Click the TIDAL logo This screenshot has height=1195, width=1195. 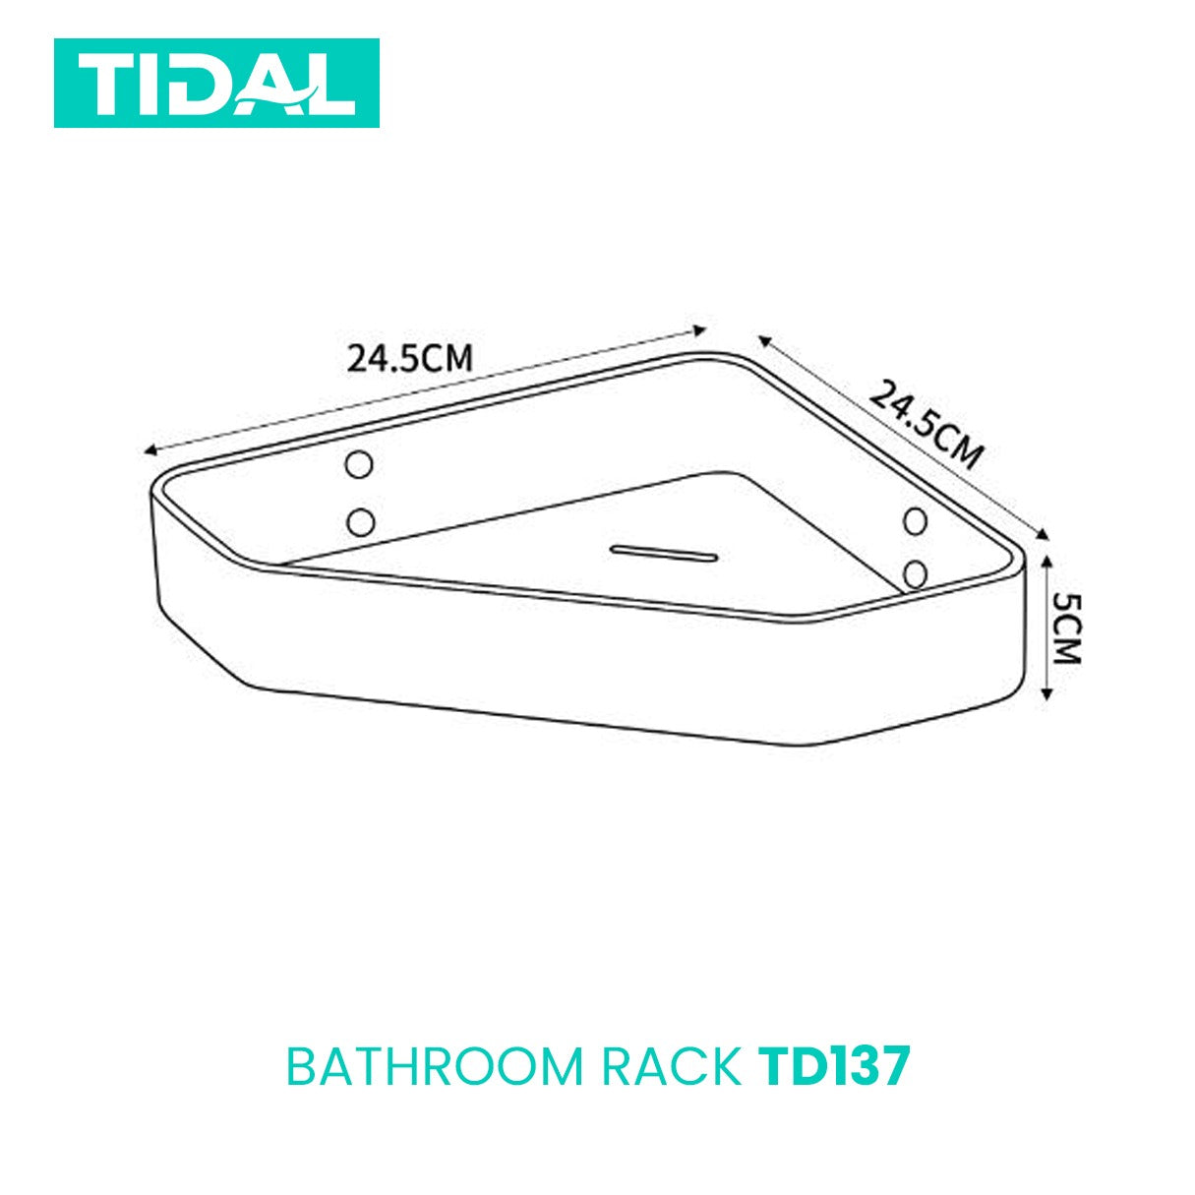(x=216, y=83)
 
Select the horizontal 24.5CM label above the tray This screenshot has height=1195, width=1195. (x=409, y=358)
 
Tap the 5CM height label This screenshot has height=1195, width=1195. (x=1068, y=628)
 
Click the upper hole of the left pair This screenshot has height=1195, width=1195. (x=359, y=465)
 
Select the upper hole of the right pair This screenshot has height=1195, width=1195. (x=916, y=521)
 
